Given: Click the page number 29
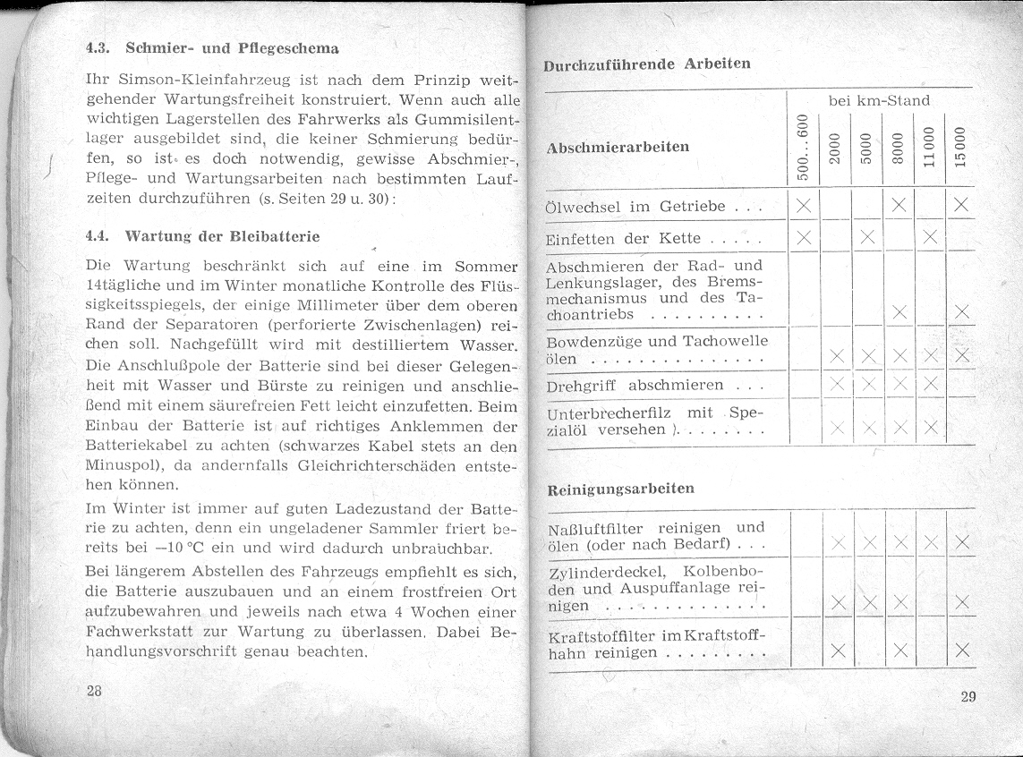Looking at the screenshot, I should [x=968, y=697].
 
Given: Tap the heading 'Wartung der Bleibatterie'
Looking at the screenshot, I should [x=223, y=237].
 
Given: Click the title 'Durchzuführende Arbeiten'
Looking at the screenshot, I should [x=646, y=64].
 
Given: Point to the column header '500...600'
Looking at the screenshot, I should [x=803, y=145].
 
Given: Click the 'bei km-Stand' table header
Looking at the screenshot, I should [x=879, y=100].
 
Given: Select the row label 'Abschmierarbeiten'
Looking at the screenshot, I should [x=618, y=147].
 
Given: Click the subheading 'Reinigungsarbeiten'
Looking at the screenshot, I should [x=620, y=489].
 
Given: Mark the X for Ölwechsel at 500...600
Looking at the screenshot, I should [x=803, y=207].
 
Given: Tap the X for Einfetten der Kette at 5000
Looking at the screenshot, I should [x=866, y=237].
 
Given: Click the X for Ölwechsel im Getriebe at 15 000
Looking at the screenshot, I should [x=961, y=207].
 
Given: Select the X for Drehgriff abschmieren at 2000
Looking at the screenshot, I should [x=836, y=385].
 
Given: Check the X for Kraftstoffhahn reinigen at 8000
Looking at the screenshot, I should [x=899, y=651].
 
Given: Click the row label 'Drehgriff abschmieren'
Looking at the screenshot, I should [x=635, y=386].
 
